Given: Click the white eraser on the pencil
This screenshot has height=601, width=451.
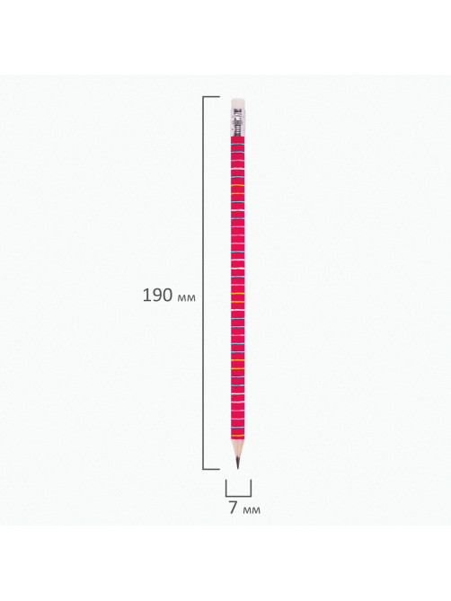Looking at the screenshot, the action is click(237, 103).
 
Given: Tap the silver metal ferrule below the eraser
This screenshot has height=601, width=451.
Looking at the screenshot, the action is click(237, 123).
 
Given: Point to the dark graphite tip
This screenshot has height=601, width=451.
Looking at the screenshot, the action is click(237, 463).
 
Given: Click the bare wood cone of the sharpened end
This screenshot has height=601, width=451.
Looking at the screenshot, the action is click(237, 447).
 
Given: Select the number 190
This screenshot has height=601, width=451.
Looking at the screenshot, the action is click(157, 296).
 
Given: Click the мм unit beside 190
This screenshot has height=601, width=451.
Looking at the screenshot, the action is click(187, 298).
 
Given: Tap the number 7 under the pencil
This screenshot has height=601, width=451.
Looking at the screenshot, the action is click(234, 508).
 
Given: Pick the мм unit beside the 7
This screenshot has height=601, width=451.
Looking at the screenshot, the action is click(252, 510).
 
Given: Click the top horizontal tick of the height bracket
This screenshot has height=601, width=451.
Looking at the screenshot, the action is click(211, 97).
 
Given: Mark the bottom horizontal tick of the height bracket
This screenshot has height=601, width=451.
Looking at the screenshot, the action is click(211, 469).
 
